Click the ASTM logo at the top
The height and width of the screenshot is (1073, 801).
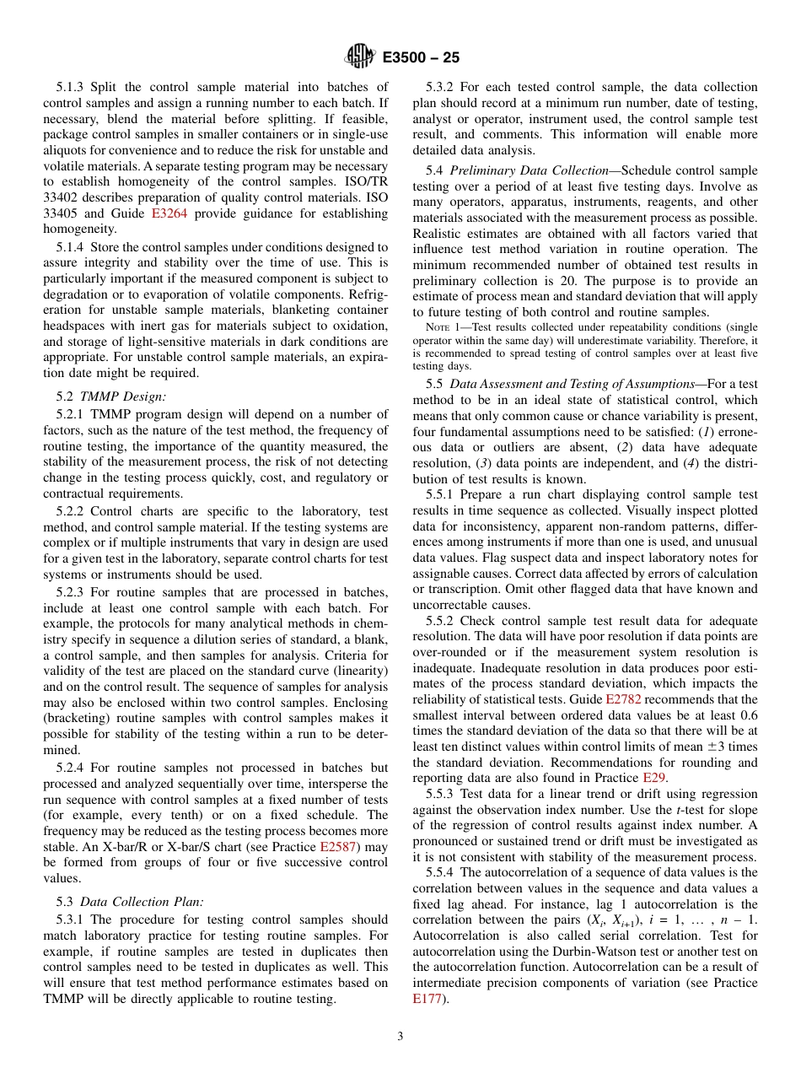pyautogui.click(x=360, y=57)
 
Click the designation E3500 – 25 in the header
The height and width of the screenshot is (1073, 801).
pyautogui.click(x=421, y=58)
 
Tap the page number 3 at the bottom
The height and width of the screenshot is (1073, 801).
pyautogui.click(x=400, y=1037)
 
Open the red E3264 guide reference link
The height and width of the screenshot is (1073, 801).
pyautogui.click(x=173, y=213)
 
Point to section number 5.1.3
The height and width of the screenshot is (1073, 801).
pyautogui.click(x=71, y=87)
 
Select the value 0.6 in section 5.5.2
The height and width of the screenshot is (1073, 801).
pyautogui.click(x=749, y=714)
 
